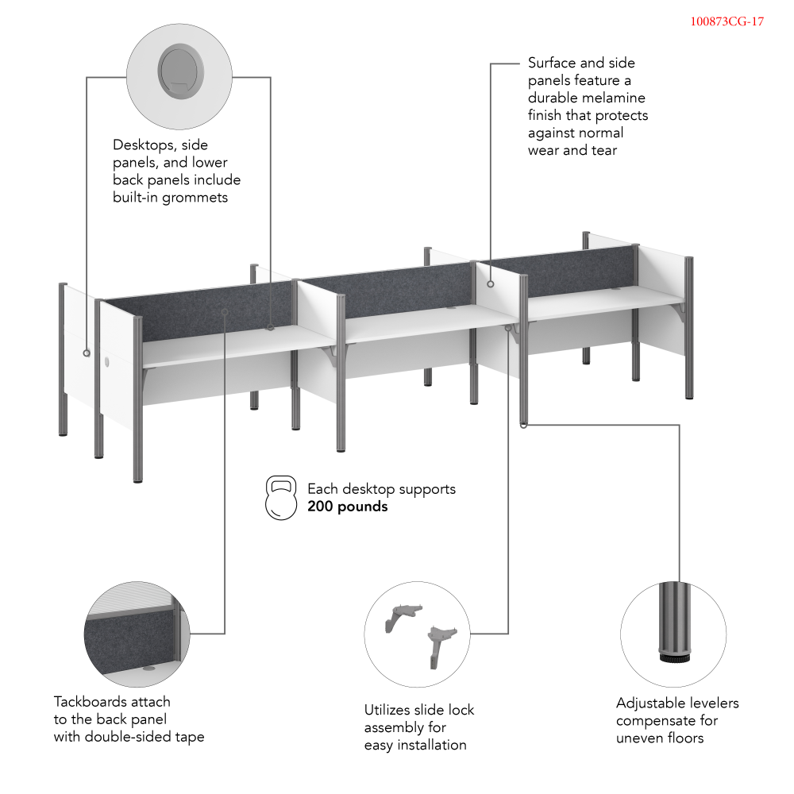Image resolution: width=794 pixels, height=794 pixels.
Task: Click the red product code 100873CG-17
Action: point(727,21)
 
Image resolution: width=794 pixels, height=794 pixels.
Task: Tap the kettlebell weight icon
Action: point(281,498)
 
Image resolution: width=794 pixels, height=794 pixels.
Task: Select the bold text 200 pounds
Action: point(348,507)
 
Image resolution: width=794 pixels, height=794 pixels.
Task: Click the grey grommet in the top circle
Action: point(181,71)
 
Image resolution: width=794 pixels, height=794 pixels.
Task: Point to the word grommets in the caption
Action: point(195,198)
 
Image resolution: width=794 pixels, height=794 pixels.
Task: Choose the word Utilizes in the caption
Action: point(389,710)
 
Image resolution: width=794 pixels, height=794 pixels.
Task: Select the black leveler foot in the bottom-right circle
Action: point(674,657)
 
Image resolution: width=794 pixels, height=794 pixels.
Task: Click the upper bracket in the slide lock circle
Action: point(403,617)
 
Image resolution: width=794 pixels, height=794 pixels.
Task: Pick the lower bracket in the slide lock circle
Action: point(441,646)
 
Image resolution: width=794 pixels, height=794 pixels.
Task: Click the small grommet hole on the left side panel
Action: point(107,362)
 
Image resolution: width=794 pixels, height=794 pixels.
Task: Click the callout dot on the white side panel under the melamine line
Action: point(490,284)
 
